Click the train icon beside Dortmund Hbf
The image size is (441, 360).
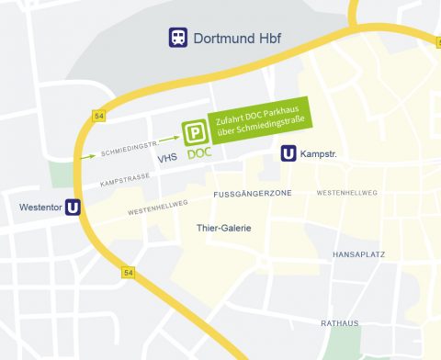tap(177, 38)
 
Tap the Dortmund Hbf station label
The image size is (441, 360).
tap(236, 38)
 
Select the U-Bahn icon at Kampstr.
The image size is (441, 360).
tap(288, 154)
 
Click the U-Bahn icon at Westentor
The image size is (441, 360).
tap(73, 208)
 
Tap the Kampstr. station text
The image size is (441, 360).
tap(320, 154)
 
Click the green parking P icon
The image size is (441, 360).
tap(194, 134)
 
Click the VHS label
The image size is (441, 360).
tap(167, 159)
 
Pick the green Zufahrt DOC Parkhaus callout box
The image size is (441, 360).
tap(261, 120)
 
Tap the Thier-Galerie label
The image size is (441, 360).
tap(224, 228)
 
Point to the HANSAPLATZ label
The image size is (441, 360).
tap(358, 253)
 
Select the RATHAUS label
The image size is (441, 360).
tap(340, 323)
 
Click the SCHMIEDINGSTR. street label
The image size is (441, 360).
tap(131, 147)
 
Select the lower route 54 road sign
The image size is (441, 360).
tap(128, 273)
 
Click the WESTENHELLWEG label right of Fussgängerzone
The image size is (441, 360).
tap(346, 193)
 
